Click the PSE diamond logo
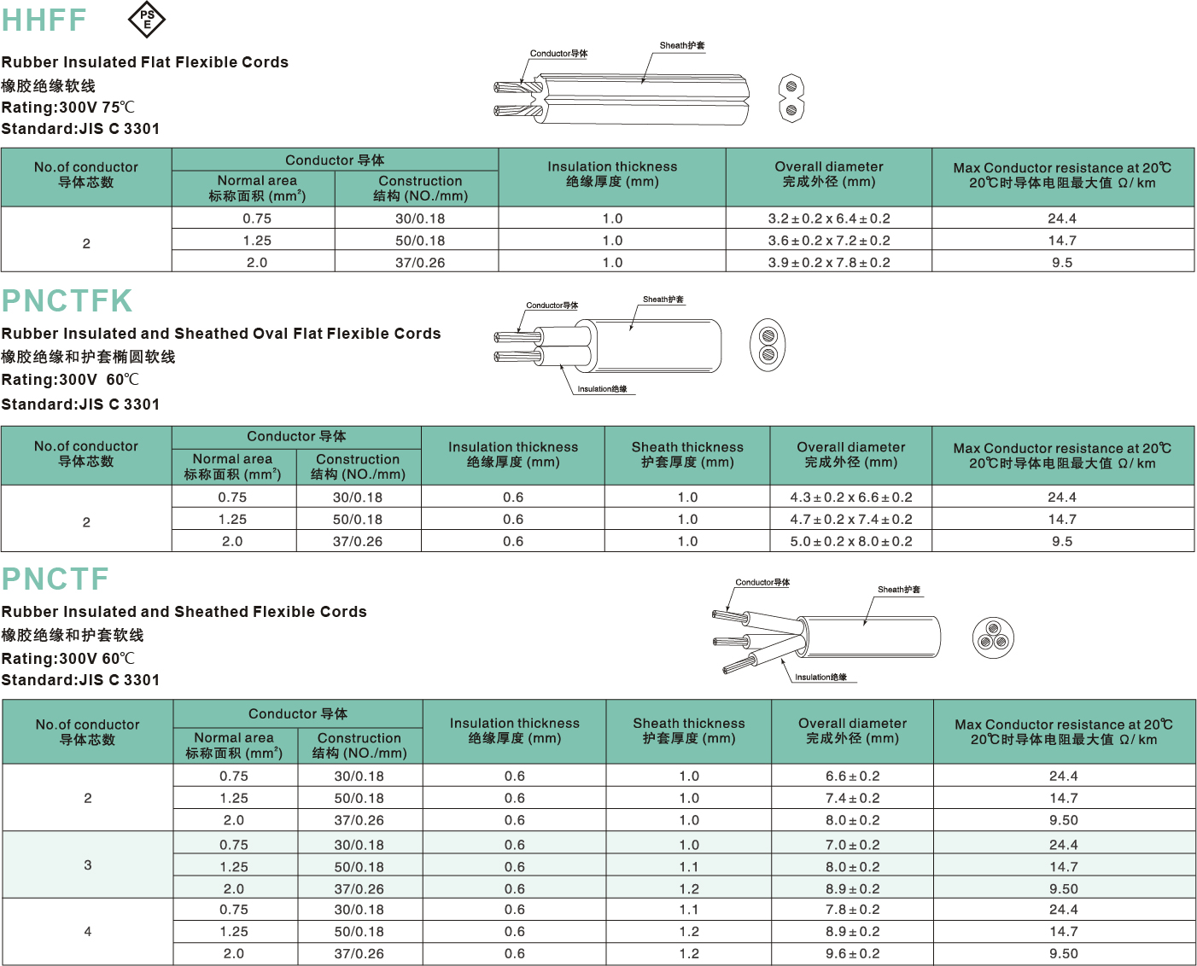coord(147,20)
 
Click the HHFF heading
coord(44,20)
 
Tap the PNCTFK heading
coord(67,300)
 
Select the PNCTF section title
coord(55,579)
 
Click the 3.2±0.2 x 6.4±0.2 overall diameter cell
coord(828,218)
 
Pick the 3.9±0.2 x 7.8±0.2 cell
coord(828,263)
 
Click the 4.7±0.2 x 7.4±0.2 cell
coord(850,519)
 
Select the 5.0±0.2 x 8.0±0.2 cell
coord(850,541)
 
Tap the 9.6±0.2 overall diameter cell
coord(852,954)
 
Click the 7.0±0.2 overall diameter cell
coord(852,845)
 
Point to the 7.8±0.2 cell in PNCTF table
coord(852,910)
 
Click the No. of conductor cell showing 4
coord(88,932)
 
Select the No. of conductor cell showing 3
coord(88,865)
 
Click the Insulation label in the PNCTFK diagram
coord(602,389)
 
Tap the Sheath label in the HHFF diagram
coord(681,45)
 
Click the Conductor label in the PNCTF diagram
coord(762,583)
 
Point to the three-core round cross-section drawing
coord(992,638)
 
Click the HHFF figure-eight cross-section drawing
coord(791,98)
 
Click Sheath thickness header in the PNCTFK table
coord(687,455)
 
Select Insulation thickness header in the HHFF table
coord(612,174)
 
